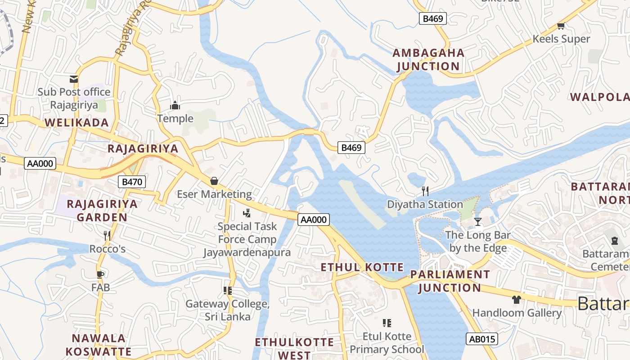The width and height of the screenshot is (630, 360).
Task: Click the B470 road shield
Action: pyautogui.click(x=132, y=182)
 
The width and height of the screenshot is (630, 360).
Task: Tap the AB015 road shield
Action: pyautogui.click(x=481, y=339)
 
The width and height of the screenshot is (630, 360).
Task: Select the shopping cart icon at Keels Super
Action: pyautogui.click(x=561, y=26)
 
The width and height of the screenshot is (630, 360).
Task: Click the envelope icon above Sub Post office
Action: pyautogui.click(x=74, y=79)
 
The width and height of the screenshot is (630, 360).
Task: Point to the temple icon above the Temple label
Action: pyautogui.click(x=175, y=106)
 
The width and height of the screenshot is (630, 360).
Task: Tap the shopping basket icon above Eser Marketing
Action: pyautogui.click(x=214, y=181)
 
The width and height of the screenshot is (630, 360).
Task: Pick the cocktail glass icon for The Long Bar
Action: pyautogui.click(x=477, y=221)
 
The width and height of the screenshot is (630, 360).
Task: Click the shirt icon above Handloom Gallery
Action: pyautogui.click(x=516, y=299)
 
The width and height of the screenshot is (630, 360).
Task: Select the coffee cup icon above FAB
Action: pyautogui.click(x=100, y=274)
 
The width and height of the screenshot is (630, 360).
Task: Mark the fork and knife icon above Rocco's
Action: pyautogui.click(x=107, y=235)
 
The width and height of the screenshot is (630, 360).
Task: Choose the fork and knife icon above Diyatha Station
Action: pyautogui.click(x=425, y=191)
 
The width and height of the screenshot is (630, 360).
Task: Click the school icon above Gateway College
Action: pyautogui.click(x=228, y=290)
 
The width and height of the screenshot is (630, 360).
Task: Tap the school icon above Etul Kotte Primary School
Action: pyautogui.click(x=387, y=323)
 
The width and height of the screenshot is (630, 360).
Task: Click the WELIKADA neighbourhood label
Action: pyautogui.click(x=76, y=122)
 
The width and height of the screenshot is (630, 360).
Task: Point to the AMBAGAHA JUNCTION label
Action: pyautogui.click(x=428, y=59)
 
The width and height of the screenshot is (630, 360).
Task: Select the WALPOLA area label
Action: pyautogui.click(x=599, y=97)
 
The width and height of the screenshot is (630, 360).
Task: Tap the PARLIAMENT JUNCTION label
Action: pyautogui.click(x=450, y=281)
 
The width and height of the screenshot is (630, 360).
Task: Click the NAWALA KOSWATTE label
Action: pyautogui.click(x=99, y=345)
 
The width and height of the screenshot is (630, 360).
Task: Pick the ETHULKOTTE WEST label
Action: pyautogui.click(x=294, y=348)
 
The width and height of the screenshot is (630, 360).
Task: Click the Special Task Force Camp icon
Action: pyautogui.click(x=247, y=213)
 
